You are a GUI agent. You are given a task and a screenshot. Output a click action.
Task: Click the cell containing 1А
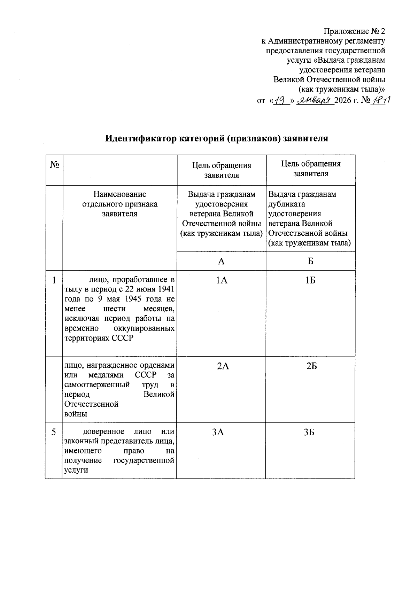(222, 280)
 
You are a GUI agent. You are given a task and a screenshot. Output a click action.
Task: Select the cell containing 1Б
(310, 280)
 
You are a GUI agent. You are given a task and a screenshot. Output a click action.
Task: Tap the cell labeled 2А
(223, 366)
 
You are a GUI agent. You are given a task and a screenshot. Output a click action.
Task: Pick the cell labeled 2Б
(311, 366)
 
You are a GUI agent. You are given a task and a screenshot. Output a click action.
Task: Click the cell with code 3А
(218, 432)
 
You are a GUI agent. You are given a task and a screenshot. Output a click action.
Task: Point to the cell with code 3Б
(309, 432)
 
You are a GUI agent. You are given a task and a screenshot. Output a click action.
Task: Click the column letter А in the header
(221, 261)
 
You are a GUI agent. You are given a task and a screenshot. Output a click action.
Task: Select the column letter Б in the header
(310, 261)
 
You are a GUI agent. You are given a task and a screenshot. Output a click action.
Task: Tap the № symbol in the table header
(54, 164)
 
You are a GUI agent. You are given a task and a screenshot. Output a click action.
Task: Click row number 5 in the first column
(54, 432)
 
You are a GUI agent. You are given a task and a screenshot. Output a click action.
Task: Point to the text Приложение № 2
(354, 31)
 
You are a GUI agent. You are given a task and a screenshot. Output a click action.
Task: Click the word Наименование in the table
(120, 194)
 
